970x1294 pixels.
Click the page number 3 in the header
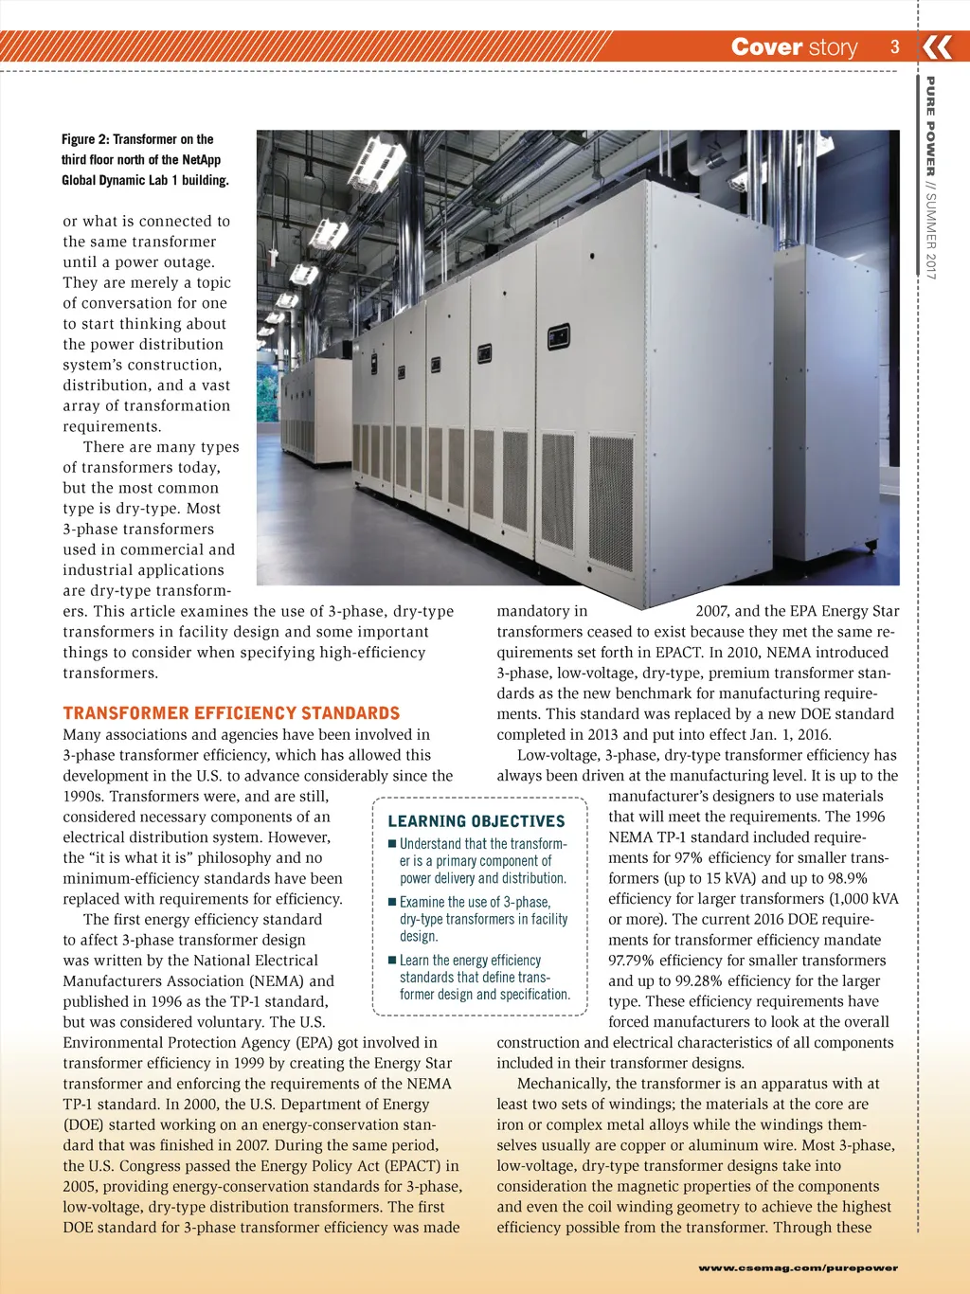[894, 46]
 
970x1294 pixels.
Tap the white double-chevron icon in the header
[937, 46]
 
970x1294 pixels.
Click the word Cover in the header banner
[767, 47]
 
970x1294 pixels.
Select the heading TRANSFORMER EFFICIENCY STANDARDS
[231, 713]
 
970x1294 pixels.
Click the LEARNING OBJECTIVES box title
[476, 821]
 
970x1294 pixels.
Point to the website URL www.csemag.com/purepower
[798, 1267]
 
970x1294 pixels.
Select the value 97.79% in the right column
[634, 961]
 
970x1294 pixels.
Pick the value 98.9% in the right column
[843, 878]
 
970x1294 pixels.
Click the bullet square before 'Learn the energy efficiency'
[392, 961]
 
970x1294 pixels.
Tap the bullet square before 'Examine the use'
[392, 903]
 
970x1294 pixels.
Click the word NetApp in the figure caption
[201, 160]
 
